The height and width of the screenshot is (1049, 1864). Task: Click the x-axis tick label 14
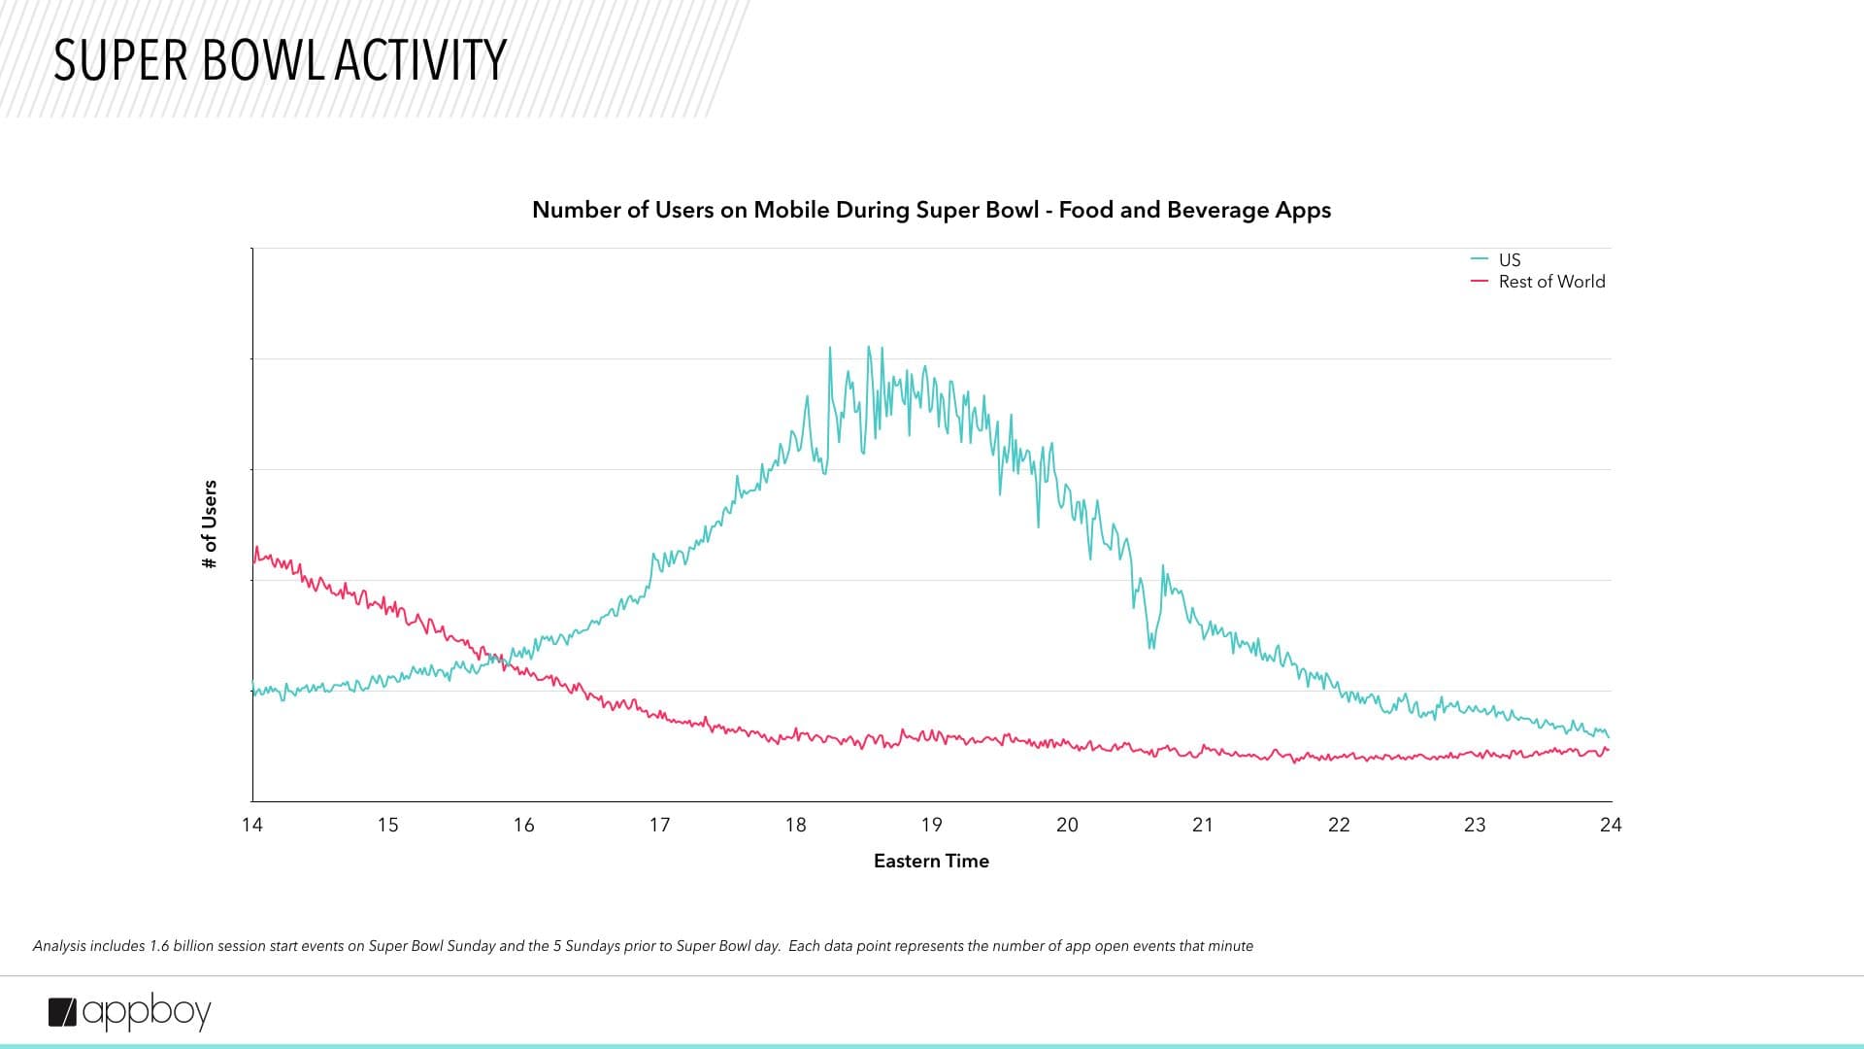252,825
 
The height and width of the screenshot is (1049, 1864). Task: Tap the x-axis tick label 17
660,825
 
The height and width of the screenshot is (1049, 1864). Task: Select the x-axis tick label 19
932,825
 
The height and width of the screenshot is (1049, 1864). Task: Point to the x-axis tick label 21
1203,825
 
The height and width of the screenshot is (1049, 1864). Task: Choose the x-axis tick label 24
1611,825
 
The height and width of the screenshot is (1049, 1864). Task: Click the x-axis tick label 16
524,825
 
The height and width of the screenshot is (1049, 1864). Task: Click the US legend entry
1510,260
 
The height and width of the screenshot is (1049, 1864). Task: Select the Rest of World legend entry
1551,282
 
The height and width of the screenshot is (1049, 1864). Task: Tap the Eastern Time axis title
931,862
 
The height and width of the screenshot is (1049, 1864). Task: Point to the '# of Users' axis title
210,524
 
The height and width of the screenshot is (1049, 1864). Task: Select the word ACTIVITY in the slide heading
420,60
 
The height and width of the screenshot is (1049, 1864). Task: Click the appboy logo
130,1012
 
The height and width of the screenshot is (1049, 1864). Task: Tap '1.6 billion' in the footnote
187,946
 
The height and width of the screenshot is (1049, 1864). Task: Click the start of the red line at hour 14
255,551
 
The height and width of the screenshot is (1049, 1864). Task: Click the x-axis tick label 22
1339,825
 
